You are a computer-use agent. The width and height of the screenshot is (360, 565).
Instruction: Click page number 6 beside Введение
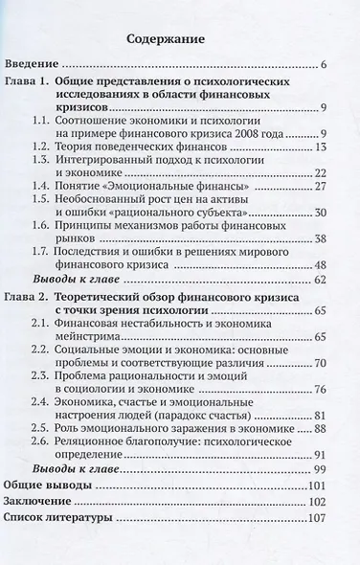click(325, 65)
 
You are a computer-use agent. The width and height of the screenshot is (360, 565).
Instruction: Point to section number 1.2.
click(65, 147)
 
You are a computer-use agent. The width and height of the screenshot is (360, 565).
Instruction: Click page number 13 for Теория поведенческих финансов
click(321, 147)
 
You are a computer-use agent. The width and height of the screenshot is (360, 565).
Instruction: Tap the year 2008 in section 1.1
click(256, 130)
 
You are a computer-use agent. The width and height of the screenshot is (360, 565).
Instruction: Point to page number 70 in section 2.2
click(321, 395)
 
